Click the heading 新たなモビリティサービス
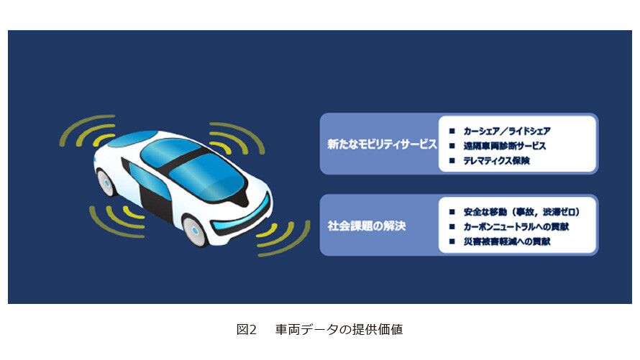click(382, 144)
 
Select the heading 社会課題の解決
click(367, 226)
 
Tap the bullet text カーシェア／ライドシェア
click(507, 131)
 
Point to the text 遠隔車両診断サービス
click(505, 146)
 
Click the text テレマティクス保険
click(496, 161)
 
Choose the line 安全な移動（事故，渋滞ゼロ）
click(521, 212)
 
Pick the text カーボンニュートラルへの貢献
click(516, 226)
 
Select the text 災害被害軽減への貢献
click(507, 241)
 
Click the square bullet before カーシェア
click(452, 131)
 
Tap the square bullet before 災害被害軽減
click(452, 241)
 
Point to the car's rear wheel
click(105, 183)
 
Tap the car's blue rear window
click(132, 139)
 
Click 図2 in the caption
click(247, 329)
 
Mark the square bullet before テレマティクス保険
click(452, 161)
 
